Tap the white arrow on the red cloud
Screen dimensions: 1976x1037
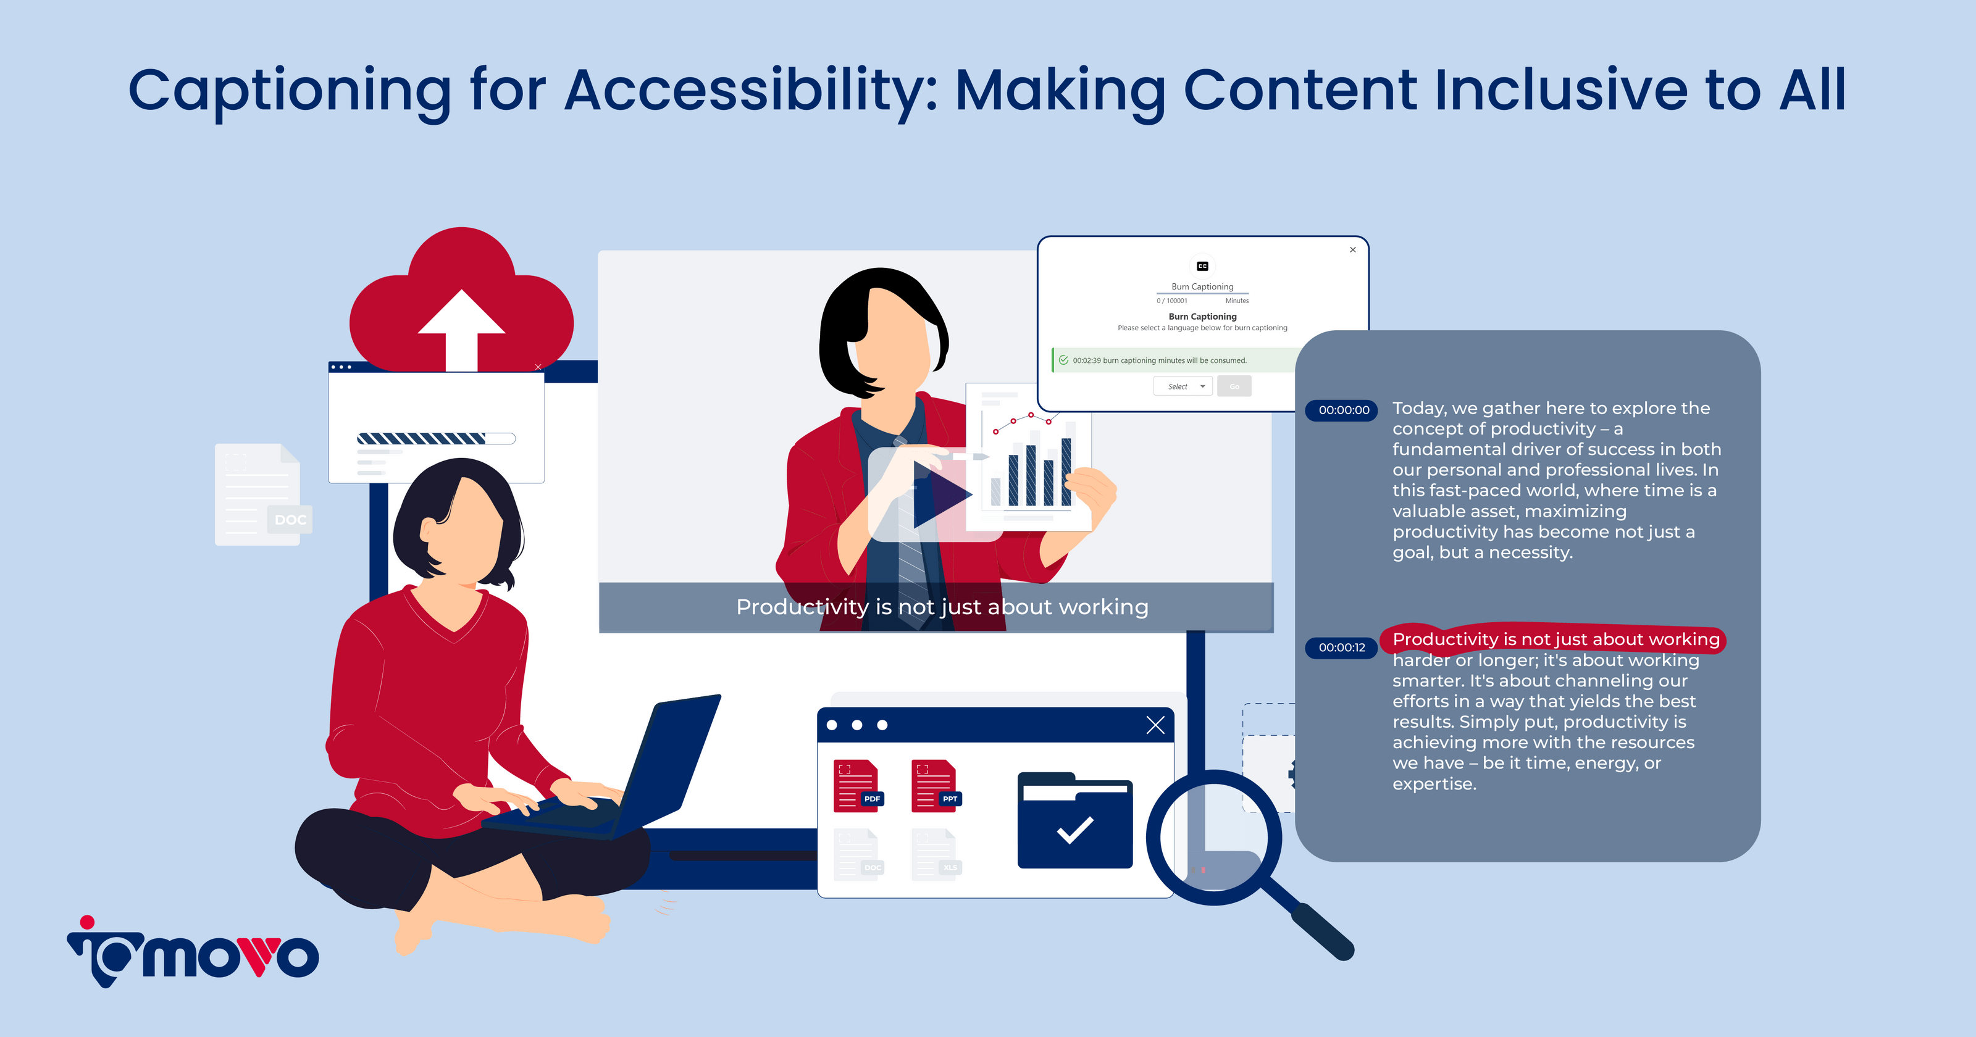coord(461,330)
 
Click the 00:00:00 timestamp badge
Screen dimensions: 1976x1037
coord(1343,410)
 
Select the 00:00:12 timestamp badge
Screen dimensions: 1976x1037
coord(1342,648)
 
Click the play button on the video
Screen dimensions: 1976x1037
coord(940,494)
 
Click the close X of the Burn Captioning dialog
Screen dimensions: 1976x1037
coord(1353,249)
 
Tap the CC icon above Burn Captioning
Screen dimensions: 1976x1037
coord(1202,266)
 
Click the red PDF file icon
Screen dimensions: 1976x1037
coord(858,785)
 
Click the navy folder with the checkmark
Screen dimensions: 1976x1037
coord(1074,821)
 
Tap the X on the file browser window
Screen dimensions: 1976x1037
coord(1155,725)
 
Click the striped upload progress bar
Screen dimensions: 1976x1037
coord(436,439)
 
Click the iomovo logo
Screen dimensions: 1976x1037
coord(193,952)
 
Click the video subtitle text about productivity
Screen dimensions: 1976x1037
coord(942,607)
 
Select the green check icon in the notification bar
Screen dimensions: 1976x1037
coord(1063,360)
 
